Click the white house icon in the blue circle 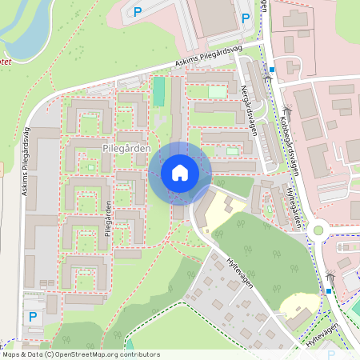(180, 173)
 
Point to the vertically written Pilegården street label (107, 218)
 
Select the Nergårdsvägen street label (250, 110)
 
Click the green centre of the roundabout (318, 230)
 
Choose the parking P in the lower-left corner (33, 317)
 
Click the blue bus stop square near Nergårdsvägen (272, 70)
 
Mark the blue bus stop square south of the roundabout (328, 291)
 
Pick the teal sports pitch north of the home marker (158, 92)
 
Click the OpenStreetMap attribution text (81, 354)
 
